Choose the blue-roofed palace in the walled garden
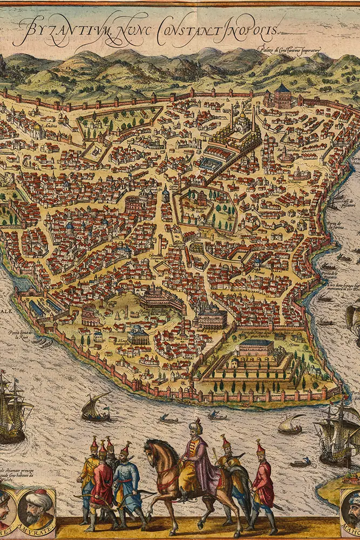pos(255,346)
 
